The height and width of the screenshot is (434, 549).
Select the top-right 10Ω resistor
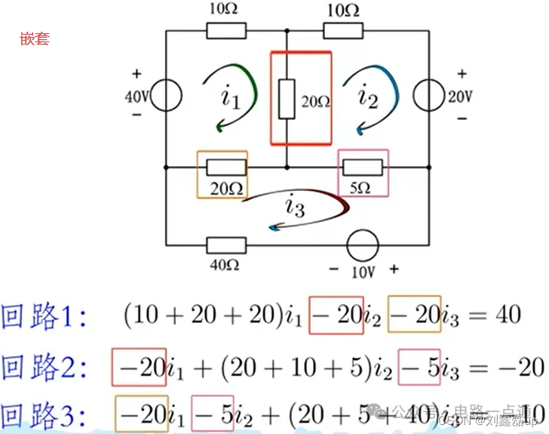pos(343,29)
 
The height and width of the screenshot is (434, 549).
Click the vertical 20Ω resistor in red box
pos(287,99)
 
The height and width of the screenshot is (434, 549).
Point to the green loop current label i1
pos(230,97)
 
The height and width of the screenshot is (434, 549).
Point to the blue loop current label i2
pos(367,96)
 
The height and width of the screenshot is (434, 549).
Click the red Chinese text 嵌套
pos(35,38)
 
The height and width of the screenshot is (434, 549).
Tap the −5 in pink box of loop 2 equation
pos(419,367)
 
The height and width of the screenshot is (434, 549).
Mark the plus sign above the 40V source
pos(136,74)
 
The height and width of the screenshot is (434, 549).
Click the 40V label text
pos(137,97)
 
